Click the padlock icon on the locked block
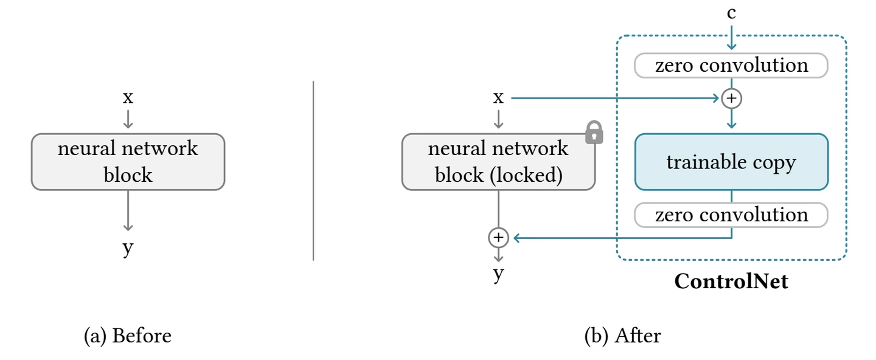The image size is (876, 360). [594, 133]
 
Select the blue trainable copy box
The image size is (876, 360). [731, 162]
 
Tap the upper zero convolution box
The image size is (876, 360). [731, 66]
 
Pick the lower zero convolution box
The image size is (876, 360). [731, 215]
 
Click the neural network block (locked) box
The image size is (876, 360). [498, 162]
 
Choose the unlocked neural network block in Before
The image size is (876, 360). [128, 162]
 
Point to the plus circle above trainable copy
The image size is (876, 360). [731, 98]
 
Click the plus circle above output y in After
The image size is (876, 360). [498, 238]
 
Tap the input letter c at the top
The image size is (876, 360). [731, 13]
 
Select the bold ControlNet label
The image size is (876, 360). [731, 282]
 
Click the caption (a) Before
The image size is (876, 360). [127, 336]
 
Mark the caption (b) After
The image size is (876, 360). [622, 336]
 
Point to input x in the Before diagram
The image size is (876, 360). [128, 97]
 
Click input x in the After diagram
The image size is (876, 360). [498, 97]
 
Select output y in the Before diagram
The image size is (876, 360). [128, 248]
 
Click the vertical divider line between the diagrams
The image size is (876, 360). [313, 170]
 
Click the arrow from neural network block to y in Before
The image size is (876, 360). [128, 210]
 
